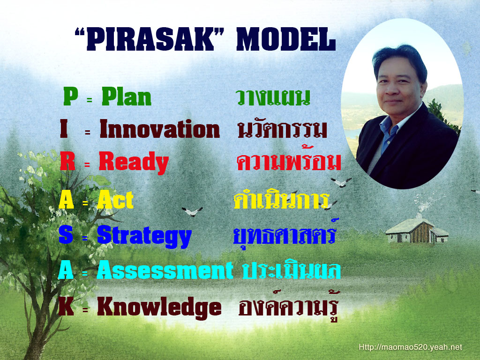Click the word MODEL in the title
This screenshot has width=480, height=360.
(x=286, y=39)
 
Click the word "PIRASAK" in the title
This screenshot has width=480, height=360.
(x=150, y=39)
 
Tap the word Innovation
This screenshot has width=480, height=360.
(x=160, y=129)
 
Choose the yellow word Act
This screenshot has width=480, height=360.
(x=115, y=200)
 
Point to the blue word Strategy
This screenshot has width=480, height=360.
(x=144, y=236)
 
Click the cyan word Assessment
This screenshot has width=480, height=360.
(x=165, y=270)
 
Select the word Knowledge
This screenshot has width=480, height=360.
(x=159, y=307)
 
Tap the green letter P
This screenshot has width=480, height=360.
(x=71, y=96)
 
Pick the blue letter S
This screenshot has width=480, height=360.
(x=66, y=234)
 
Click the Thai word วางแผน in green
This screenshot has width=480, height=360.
(x=273, y=97)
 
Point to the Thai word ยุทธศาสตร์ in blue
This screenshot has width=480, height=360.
(x=285, y=234)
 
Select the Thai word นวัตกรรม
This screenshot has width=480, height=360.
(x=282, y=129)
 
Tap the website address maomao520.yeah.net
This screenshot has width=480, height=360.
(x=410, y=347)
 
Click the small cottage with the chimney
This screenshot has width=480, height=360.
(x=417, y=230)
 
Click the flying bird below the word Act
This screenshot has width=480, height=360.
(x=192, y=211)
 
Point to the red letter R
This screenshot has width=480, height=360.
(x=67, y=161)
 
